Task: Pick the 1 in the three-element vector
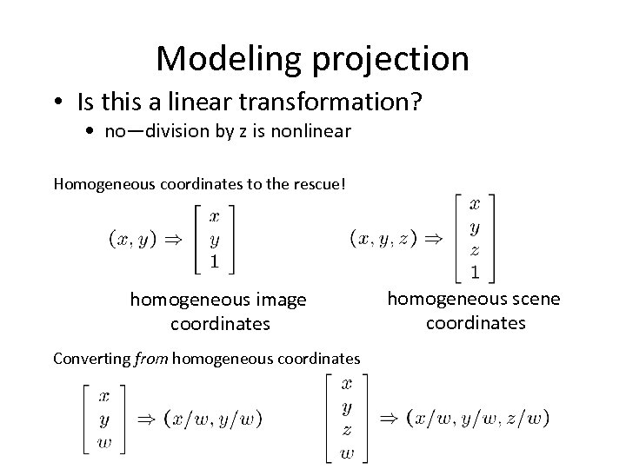pos(214,260)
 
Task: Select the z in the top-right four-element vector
pos(474,249)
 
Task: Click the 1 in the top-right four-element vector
pos(474,272)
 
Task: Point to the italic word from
pos(152,358)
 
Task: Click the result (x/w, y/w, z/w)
pos(477,418)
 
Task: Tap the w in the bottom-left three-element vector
pos(103,443)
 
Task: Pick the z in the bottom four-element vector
pos(347,430)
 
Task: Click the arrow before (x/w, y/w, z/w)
pos(388,418)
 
